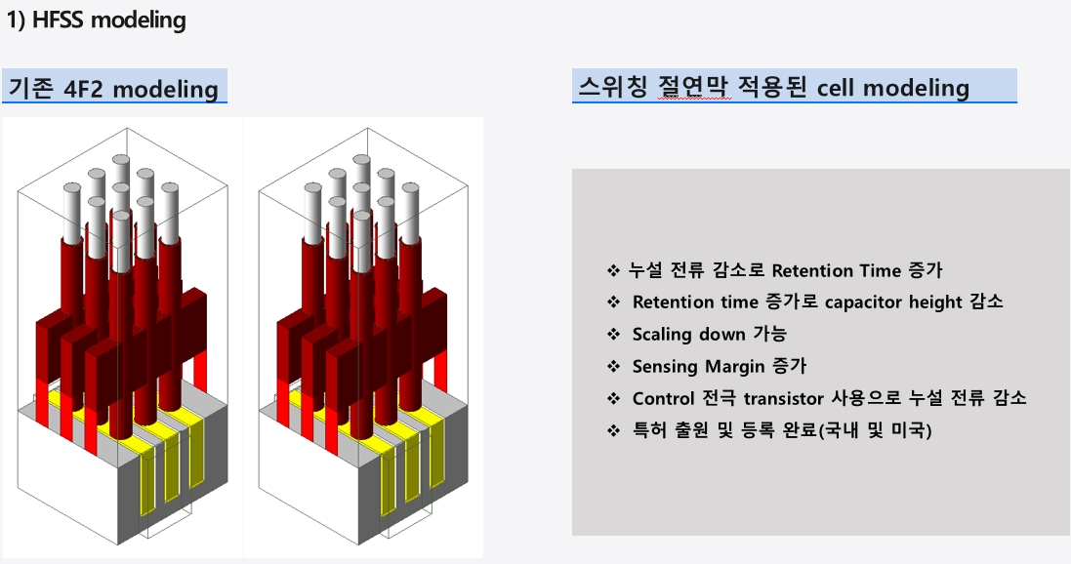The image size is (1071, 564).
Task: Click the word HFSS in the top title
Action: pos(58,20)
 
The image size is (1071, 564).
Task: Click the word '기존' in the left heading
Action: pos(30,90)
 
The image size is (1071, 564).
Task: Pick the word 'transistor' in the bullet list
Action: pos(783,398)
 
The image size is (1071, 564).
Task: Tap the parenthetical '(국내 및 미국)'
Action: pos(875,430)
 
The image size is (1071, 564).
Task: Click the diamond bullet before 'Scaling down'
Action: pos(613,334)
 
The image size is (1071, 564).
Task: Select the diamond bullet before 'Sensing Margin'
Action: pos(613,367)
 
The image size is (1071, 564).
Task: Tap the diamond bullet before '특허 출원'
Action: pos(613,430)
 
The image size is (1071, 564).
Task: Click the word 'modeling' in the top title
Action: pos(139,20)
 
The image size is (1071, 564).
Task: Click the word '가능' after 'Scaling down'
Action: pos(769,334)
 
